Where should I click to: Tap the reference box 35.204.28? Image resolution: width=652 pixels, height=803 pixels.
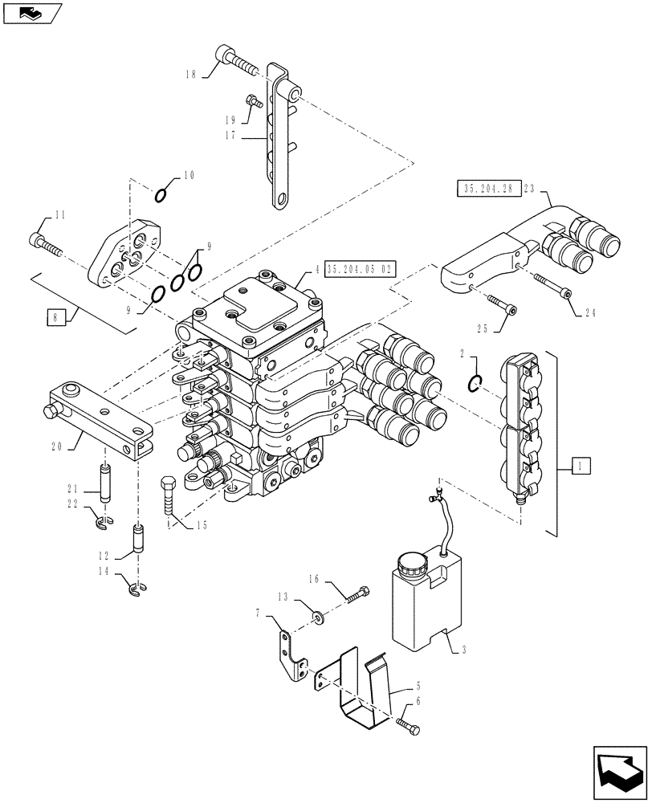[x=487, y=189]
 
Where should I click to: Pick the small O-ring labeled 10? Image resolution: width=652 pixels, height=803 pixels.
[x=161, y=194]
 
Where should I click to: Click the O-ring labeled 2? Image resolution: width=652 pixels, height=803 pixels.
[x=476, y=384]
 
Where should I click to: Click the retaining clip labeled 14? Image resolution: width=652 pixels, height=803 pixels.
[x=138, y=591]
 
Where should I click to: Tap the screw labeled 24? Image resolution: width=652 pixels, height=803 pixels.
[x=553, y=284]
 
